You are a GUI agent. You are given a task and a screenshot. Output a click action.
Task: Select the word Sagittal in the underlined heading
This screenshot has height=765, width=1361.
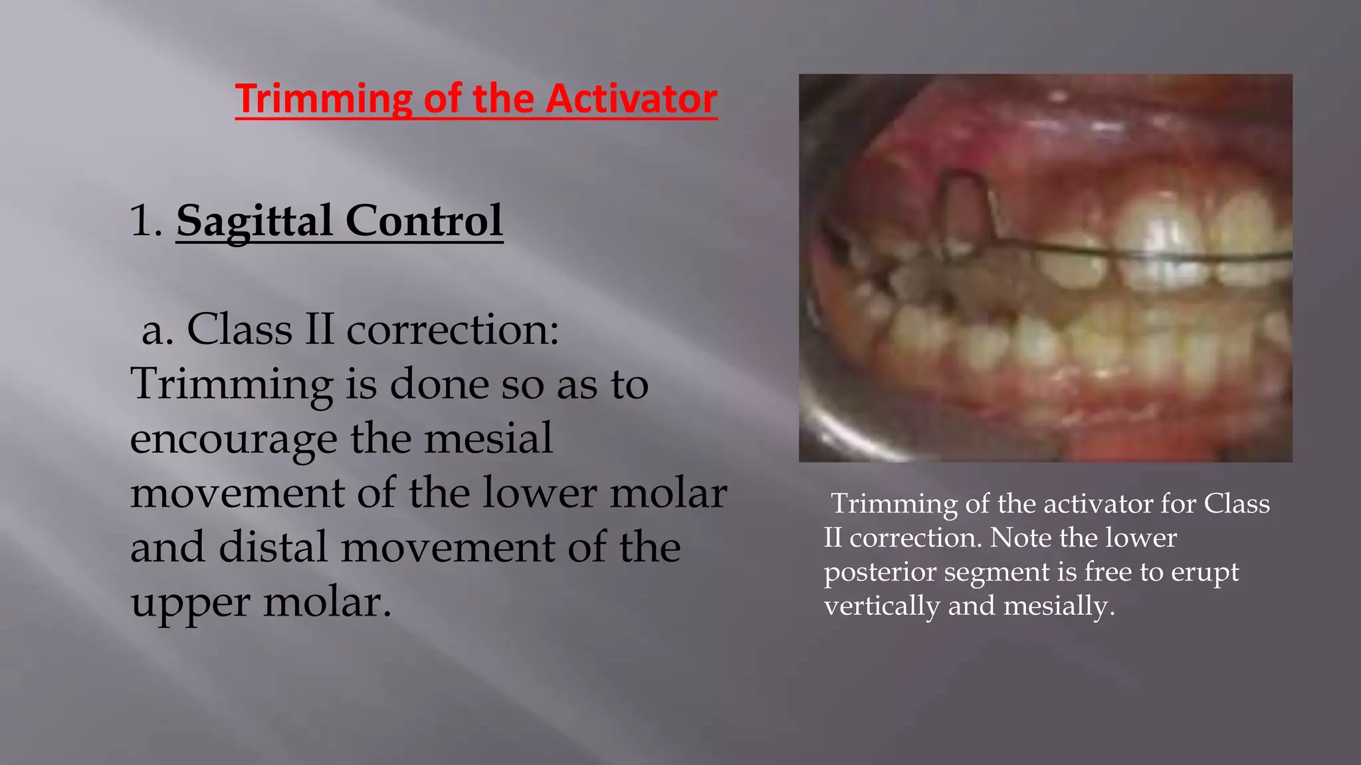click(255, 222)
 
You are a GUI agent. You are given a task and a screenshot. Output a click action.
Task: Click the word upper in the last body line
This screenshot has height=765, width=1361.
click(190, 603)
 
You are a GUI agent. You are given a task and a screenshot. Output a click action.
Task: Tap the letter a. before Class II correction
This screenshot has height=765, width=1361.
click(158, 330)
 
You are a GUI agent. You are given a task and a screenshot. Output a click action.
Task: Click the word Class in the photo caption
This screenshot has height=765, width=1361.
click(1237, 503)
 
